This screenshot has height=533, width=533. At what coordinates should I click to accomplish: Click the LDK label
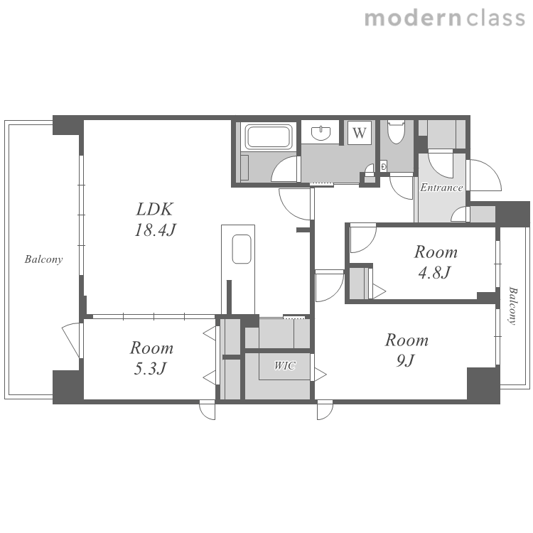(x=155, y=209)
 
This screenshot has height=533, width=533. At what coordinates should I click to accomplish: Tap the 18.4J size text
(x=155, y=230)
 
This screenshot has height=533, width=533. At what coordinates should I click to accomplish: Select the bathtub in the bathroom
(x=269, y=136)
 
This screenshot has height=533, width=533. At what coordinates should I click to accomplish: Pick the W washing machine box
(x=360, y=133)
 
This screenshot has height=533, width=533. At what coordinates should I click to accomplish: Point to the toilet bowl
(x=396, y=131)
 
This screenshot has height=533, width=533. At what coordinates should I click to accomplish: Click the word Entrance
(x=441, y=188)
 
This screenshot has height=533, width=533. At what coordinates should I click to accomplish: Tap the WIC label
(x=285, y=366)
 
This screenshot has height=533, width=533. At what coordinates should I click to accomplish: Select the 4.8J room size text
(x=434, y=273)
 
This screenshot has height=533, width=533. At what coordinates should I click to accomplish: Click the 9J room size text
(x=406, y=360)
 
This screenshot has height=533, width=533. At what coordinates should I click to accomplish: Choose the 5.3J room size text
(x=150, y=368)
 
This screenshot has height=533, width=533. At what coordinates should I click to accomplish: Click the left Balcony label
(x=43, y=259)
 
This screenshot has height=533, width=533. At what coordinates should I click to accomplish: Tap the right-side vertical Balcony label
(x=512, y=306)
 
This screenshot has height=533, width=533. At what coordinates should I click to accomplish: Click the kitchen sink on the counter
(x=242, y=249)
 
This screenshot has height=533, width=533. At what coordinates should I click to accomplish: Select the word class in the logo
(x=495, y=18)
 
